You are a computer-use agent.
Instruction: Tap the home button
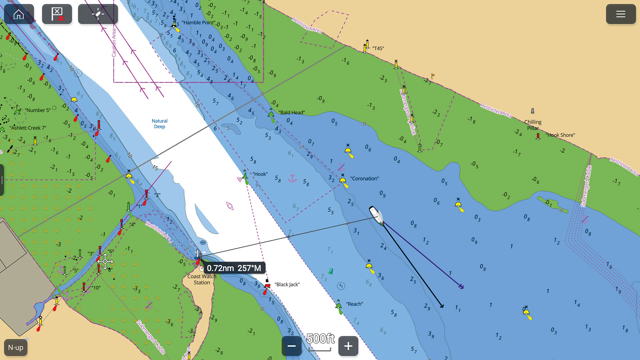click(19, 14)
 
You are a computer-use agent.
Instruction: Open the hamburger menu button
click(620, 14)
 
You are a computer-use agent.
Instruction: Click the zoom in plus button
click(348, 346)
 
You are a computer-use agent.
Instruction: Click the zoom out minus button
click(292, 346)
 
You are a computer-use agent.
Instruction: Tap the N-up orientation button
click(16, 347)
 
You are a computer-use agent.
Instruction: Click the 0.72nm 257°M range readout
click(234, 268)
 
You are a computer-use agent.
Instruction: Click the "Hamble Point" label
click(199, 23)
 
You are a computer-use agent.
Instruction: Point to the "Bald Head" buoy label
click(292, 113)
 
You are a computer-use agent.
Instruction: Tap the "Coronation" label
click(364, 179)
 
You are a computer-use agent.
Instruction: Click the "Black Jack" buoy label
click(287, 284)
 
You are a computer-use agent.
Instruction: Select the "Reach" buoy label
click(354, 304)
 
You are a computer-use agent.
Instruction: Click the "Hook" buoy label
click(260, 174)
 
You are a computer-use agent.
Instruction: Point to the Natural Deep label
click(160, 124)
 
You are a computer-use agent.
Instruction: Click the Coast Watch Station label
click(202, 279)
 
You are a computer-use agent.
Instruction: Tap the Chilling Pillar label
click(533, 125)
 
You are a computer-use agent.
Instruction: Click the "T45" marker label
click(378, 48)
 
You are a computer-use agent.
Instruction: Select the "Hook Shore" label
click(560, 135)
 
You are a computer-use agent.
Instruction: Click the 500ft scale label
click(320, 339)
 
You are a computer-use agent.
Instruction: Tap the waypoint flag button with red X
click(57, 14)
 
